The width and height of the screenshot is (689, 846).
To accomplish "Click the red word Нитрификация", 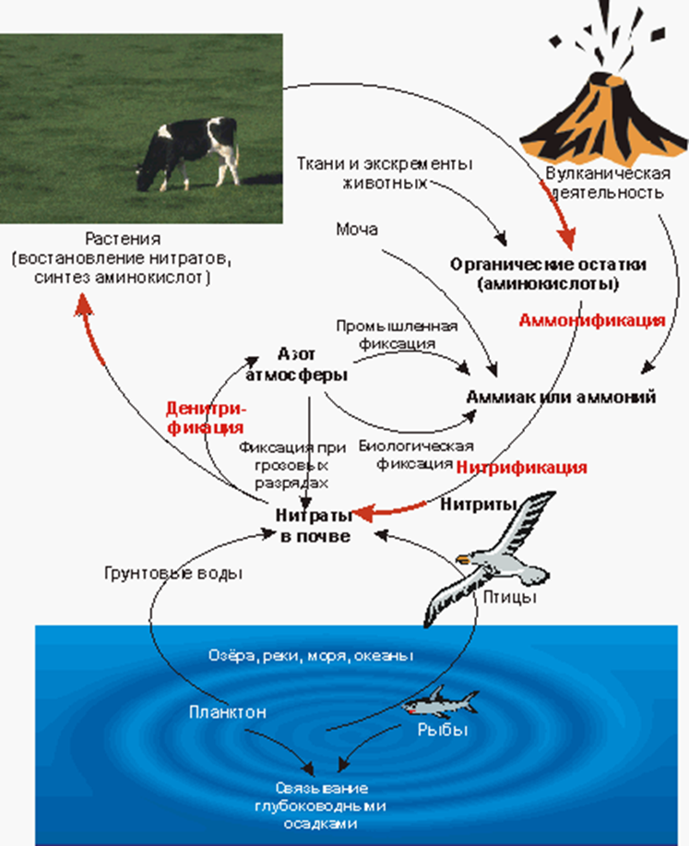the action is click(x=522, y=467).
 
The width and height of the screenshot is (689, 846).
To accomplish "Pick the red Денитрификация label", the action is click(x=205, y=417).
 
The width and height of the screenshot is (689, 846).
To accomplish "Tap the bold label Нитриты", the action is click(x=471, y=505).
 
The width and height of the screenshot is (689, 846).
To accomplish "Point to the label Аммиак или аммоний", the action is click(x=562, y=397).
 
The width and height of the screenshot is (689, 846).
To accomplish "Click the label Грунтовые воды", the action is click(x=172, y=573).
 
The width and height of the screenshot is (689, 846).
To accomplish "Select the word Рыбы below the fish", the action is click(x=439, y=731).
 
